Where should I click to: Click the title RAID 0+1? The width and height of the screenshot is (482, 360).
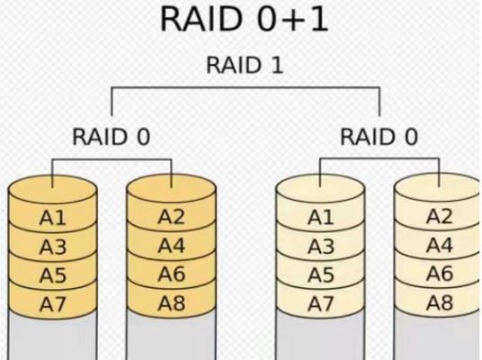point(245,19)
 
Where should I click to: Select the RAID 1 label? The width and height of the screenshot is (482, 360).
point(245,65)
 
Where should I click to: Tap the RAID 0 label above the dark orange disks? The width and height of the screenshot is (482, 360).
point(111,137)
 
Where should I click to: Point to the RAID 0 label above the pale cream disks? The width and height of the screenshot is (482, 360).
point(379,137)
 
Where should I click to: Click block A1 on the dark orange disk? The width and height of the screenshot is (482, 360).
point(52,218)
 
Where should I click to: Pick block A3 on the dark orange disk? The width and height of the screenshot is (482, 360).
point(52,247)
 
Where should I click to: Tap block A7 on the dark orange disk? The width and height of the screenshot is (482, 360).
point(52,303)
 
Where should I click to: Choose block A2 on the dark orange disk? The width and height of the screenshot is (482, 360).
point(172,216)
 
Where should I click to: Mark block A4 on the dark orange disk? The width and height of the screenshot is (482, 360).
point(172,245)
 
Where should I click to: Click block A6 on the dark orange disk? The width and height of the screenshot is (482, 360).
point(172,274)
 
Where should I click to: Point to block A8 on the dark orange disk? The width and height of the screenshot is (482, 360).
point(172,302)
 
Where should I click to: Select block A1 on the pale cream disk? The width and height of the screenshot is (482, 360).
point(321,218)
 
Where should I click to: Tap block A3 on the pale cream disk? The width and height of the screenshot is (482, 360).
point(321,247)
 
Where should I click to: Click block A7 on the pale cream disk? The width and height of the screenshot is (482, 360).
point(321,303)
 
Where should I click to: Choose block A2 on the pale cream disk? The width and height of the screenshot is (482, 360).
point(440,216)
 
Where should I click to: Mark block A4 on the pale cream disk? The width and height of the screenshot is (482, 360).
point(440,245)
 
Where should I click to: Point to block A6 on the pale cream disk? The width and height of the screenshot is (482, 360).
point(440,274)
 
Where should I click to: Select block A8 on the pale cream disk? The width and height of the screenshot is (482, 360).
point(440,302)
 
